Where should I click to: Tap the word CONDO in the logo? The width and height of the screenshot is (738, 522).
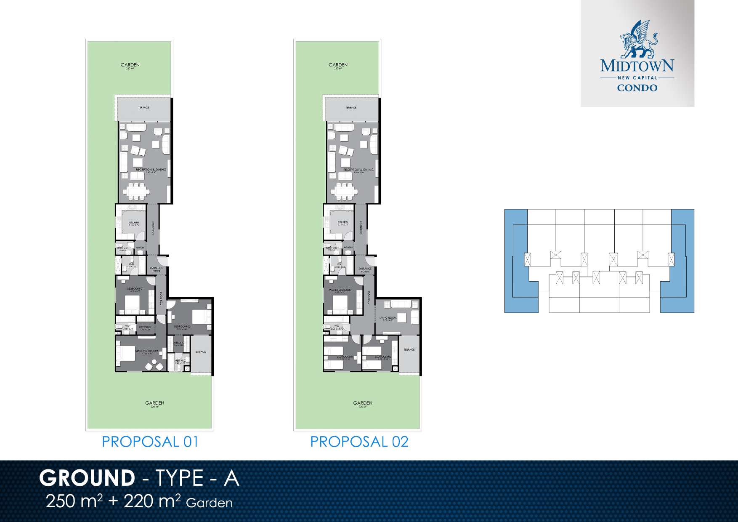tap(637, 88)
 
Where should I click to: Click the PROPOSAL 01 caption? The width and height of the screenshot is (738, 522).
tap(150, 442)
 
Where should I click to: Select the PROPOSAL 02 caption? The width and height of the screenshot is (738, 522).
tap(359, 442)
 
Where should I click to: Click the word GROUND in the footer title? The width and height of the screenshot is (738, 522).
tap(87, 478)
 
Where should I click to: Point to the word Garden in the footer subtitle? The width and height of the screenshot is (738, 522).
tap(209, 503)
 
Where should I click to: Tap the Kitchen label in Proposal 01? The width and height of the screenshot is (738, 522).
tap(134, 223)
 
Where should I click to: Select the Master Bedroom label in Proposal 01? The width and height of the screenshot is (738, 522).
tap(146, 351)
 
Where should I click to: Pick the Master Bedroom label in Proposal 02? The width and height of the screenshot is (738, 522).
tap(340, 290)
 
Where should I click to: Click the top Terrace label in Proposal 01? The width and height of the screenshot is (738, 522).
tap(144, 108)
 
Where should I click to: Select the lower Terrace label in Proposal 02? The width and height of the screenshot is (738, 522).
tap(409, 350)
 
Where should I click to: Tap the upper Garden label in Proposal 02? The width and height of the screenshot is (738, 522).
tap(338, 65)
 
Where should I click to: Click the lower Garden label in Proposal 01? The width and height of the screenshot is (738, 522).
tap(154, 403)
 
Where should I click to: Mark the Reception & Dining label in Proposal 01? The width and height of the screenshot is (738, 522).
tap(151, 170)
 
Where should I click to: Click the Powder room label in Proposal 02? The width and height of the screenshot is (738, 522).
tap(348, 248)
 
